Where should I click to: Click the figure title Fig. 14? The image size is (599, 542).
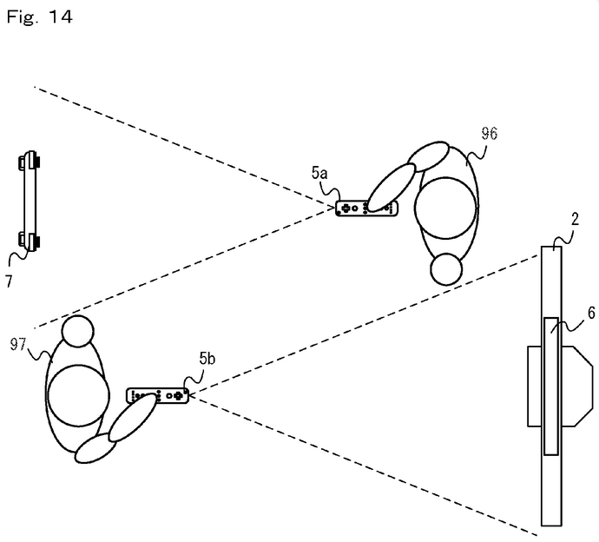click(36, 16)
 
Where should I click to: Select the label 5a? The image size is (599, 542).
click(319, 173)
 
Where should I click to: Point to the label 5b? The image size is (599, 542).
click(207, 358)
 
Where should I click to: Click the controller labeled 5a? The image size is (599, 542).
click(366, 208)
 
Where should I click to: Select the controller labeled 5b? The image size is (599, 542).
click(159, 395)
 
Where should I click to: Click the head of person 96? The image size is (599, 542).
click(447, 269)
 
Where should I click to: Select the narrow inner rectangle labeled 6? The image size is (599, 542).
click(551, 386)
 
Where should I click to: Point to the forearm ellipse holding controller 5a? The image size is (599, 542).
click(392, 184)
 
